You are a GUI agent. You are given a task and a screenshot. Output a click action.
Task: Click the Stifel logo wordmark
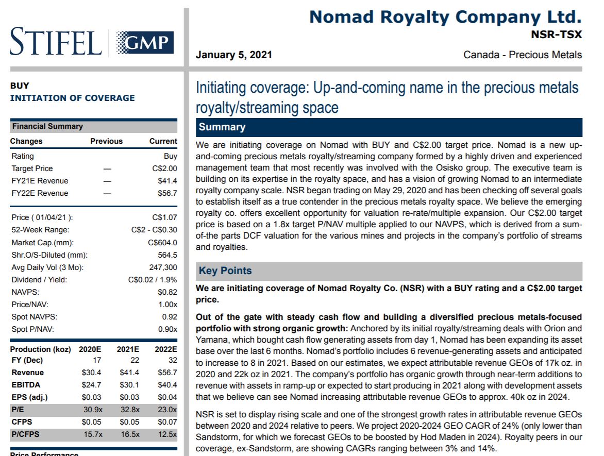coord(56,42)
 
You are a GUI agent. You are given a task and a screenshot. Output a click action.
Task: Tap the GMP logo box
coord(145,42)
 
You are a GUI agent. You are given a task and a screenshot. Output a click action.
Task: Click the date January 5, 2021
coord(234,55)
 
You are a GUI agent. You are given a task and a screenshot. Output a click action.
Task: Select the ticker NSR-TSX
coord(556,35)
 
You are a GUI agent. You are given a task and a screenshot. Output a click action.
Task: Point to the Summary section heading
coord(222,127)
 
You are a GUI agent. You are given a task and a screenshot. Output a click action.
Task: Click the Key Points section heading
coord(225,271)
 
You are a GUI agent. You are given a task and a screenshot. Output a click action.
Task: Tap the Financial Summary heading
coord(47,126)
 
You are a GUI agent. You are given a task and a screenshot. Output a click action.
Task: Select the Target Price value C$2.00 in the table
coord(164,168)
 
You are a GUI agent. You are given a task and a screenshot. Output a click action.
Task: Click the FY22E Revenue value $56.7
coord(167,193)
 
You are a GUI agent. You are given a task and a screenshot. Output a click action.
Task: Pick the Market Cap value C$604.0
coord(162,243)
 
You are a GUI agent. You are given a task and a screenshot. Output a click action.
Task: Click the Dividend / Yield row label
coord(39,280)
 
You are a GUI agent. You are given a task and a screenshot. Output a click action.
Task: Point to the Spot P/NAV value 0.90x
coord(167,329)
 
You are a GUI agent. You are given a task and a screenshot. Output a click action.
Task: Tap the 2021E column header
coord(128,349)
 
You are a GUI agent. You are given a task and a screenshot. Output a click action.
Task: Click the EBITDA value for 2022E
coord(166,385)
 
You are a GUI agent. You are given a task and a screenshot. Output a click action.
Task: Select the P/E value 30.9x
coord(93,410)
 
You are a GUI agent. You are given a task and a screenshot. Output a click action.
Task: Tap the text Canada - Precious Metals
coord(523,55)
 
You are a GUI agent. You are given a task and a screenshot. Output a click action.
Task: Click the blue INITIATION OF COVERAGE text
coord(73,98)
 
